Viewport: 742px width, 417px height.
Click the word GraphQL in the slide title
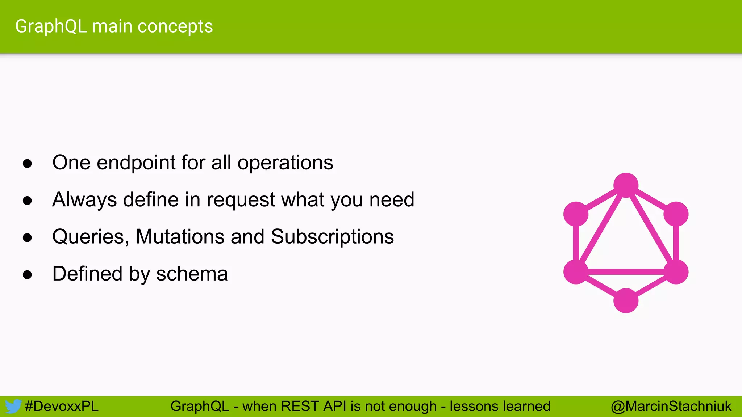pyautogui.click(x=51, y=27)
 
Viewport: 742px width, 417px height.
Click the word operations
pyautogui.click(x=285, y=163)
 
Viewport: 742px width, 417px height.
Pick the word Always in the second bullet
pyautogui.click(x=84, y=200)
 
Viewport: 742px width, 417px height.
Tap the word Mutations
pyautogui.click(x=180, y=237)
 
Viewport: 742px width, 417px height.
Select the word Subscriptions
pyautogui.click(x=332, y=237)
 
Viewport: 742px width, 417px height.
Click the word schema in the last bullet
pyautogui.click(x=192, y=274)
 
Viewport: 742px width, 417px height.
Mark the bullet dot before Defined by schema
pyautogui.click(x=27, y=275)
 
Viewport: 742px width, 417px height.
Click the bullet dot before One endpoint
pyautogui.click(x=27, y=164)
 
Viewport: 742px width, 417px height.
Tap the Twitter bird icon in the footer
pyautogui.click(x=13, y=407)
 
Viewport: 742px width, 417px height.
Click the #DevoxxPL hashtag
pyautogui.click(x=62, y=407)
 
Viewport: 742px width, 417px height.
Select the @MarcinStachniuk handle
pyautogui.click(x=671, y=407)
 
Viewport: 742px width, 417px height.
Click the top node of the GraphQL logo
pyautogui.click(x=626, y=185)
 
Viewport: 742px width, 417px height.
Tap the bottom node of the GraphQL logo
pyautogui.click(x=626, y=300)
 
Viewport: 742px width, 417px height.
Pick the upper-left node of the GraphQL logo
pyautogui.click(x=576, y=214)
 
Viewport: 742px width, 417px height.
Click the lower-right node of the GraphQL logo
pyautogui.click(x=676, y=272)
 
